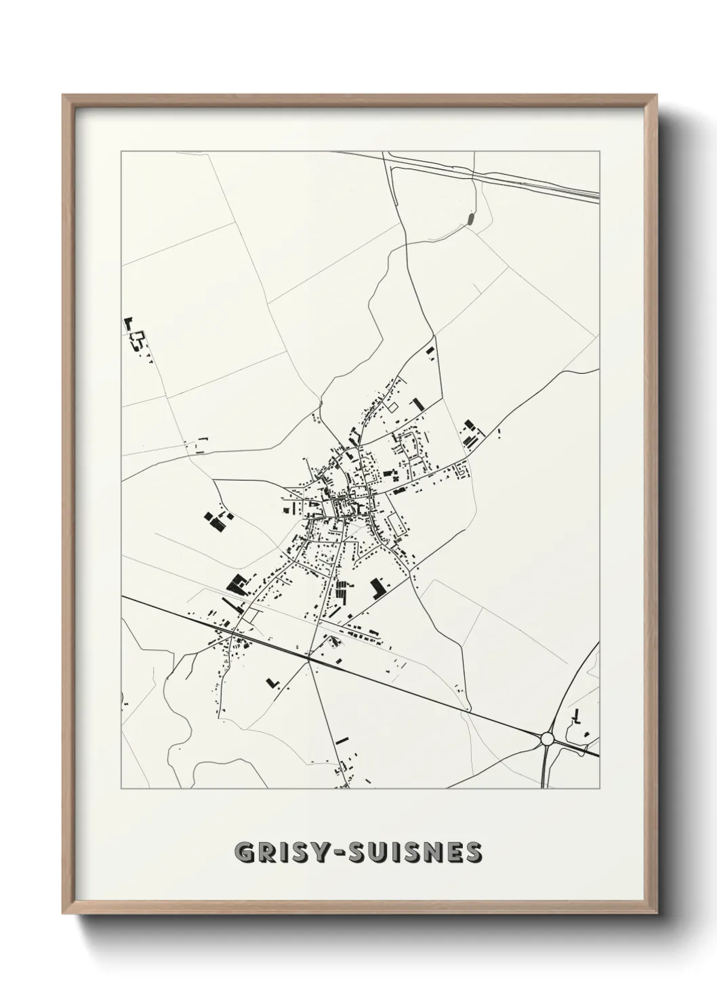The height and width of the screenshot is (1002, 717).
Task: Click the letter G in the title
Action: click(245, 852)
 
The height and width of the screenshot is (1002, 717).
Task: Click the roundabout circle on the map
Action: click(547, 738)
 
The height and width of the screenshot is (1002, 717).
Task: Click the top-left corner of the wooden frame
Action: click(63, 95)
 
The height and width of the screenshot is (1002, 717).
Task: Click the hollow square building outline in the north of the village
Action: click(391, 407)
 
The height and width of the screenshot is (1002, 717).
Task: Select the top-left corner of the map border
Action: click(121, 152)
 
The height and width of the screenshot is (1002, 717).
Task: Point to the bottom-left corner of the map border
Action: click(121, 789)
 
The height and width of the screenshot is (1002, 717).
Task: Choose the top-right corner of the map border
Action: click(600, 152)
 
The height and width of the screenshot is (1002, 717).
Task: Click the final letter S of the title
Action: click(474, 852)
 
